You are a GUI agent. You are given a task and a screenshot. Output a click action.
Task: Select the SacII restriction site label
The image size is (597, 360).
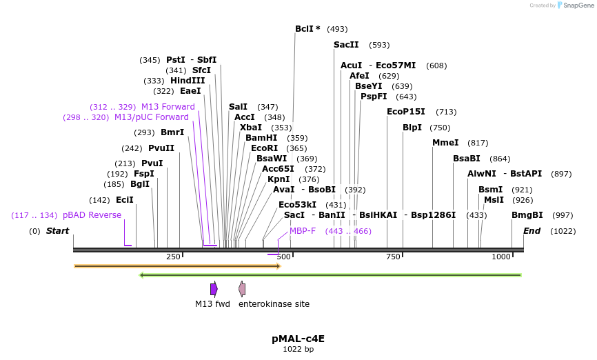click(346, 45)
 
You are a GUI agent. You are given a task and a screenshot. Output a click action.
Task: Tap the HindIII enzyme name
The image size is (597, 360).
click(188, 81)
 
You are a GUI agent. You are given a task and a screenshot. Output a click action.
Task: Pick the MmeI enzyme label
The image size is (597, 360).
click(445, 143)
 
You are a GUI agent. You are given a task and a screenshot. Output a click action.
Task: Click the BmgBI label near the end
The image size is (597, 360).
click(527, 215)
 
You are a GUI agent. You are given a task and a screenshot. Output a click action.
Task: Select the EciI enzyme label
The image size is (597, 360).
click(125, 200)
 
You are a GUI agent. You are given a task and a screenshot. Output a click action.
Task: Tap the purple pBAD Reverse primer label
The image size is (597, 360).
click(92, 215)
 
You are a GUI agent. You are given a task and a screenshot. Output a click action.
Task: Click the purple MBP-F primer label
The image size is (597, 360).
click(303, 231)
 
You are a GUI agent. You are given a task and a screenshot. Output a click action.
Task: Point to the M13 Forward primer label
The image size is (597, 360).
click(168, 107)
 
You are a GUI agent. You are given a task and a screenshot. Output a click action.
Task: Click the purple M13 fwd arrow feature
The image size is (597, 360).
click(214, 289)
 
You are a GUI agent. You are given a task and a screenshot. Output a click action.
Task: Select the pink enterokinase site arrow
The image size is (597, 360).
click(242, 289)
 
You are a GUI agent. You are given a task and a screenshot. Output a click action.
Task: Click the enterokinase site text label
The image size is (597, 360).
click(274, 304)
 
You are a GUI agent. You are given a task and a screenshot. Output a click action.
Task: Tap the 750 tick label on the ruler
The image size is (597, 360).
click(393, 257)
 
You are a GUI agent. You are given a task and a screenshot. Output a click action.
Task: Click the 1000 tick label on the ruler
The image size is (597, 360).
click(501, 257)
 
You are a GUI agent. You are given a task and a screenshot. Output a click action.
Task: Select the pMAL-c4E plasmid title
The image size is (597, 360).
click(298, 339)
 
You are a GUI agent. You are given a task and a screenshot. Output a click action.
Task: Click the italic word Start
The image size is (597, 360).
click(57, 231)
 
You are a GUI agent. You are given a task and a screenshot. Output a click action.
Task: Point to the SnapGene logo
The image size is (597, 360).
click(576, 6)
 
